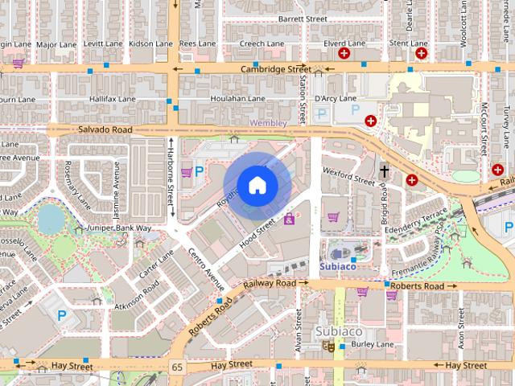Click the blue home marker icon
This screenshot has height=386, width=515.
(257, 185)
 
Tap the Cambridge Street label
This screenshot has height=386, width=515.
(275, 70)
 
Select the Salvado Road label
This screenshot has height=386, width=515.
(105, 129)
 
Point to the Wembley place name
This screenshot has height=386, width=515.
(269, 122)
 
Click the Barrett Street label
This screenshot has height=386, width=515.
(303, 18)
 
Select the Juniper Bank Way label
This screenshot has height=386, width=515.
(120, 228)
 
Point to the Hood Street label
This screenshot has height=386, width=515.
(257, 235)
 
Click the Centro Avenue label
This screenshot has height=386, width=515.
(204, 272)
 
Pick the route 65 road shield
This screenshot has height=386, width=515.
(176, 367)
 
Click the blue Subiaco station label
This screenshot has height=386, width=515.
(337, 265)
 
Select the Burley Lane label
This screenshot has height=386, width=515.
(373, 344)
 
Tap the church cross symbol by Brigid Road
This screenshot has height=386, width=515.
(385, 171)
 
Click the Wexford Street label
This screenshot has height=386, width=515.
(348, 176)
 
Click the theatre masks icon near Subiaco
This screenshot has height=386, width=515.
(328, 345)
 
